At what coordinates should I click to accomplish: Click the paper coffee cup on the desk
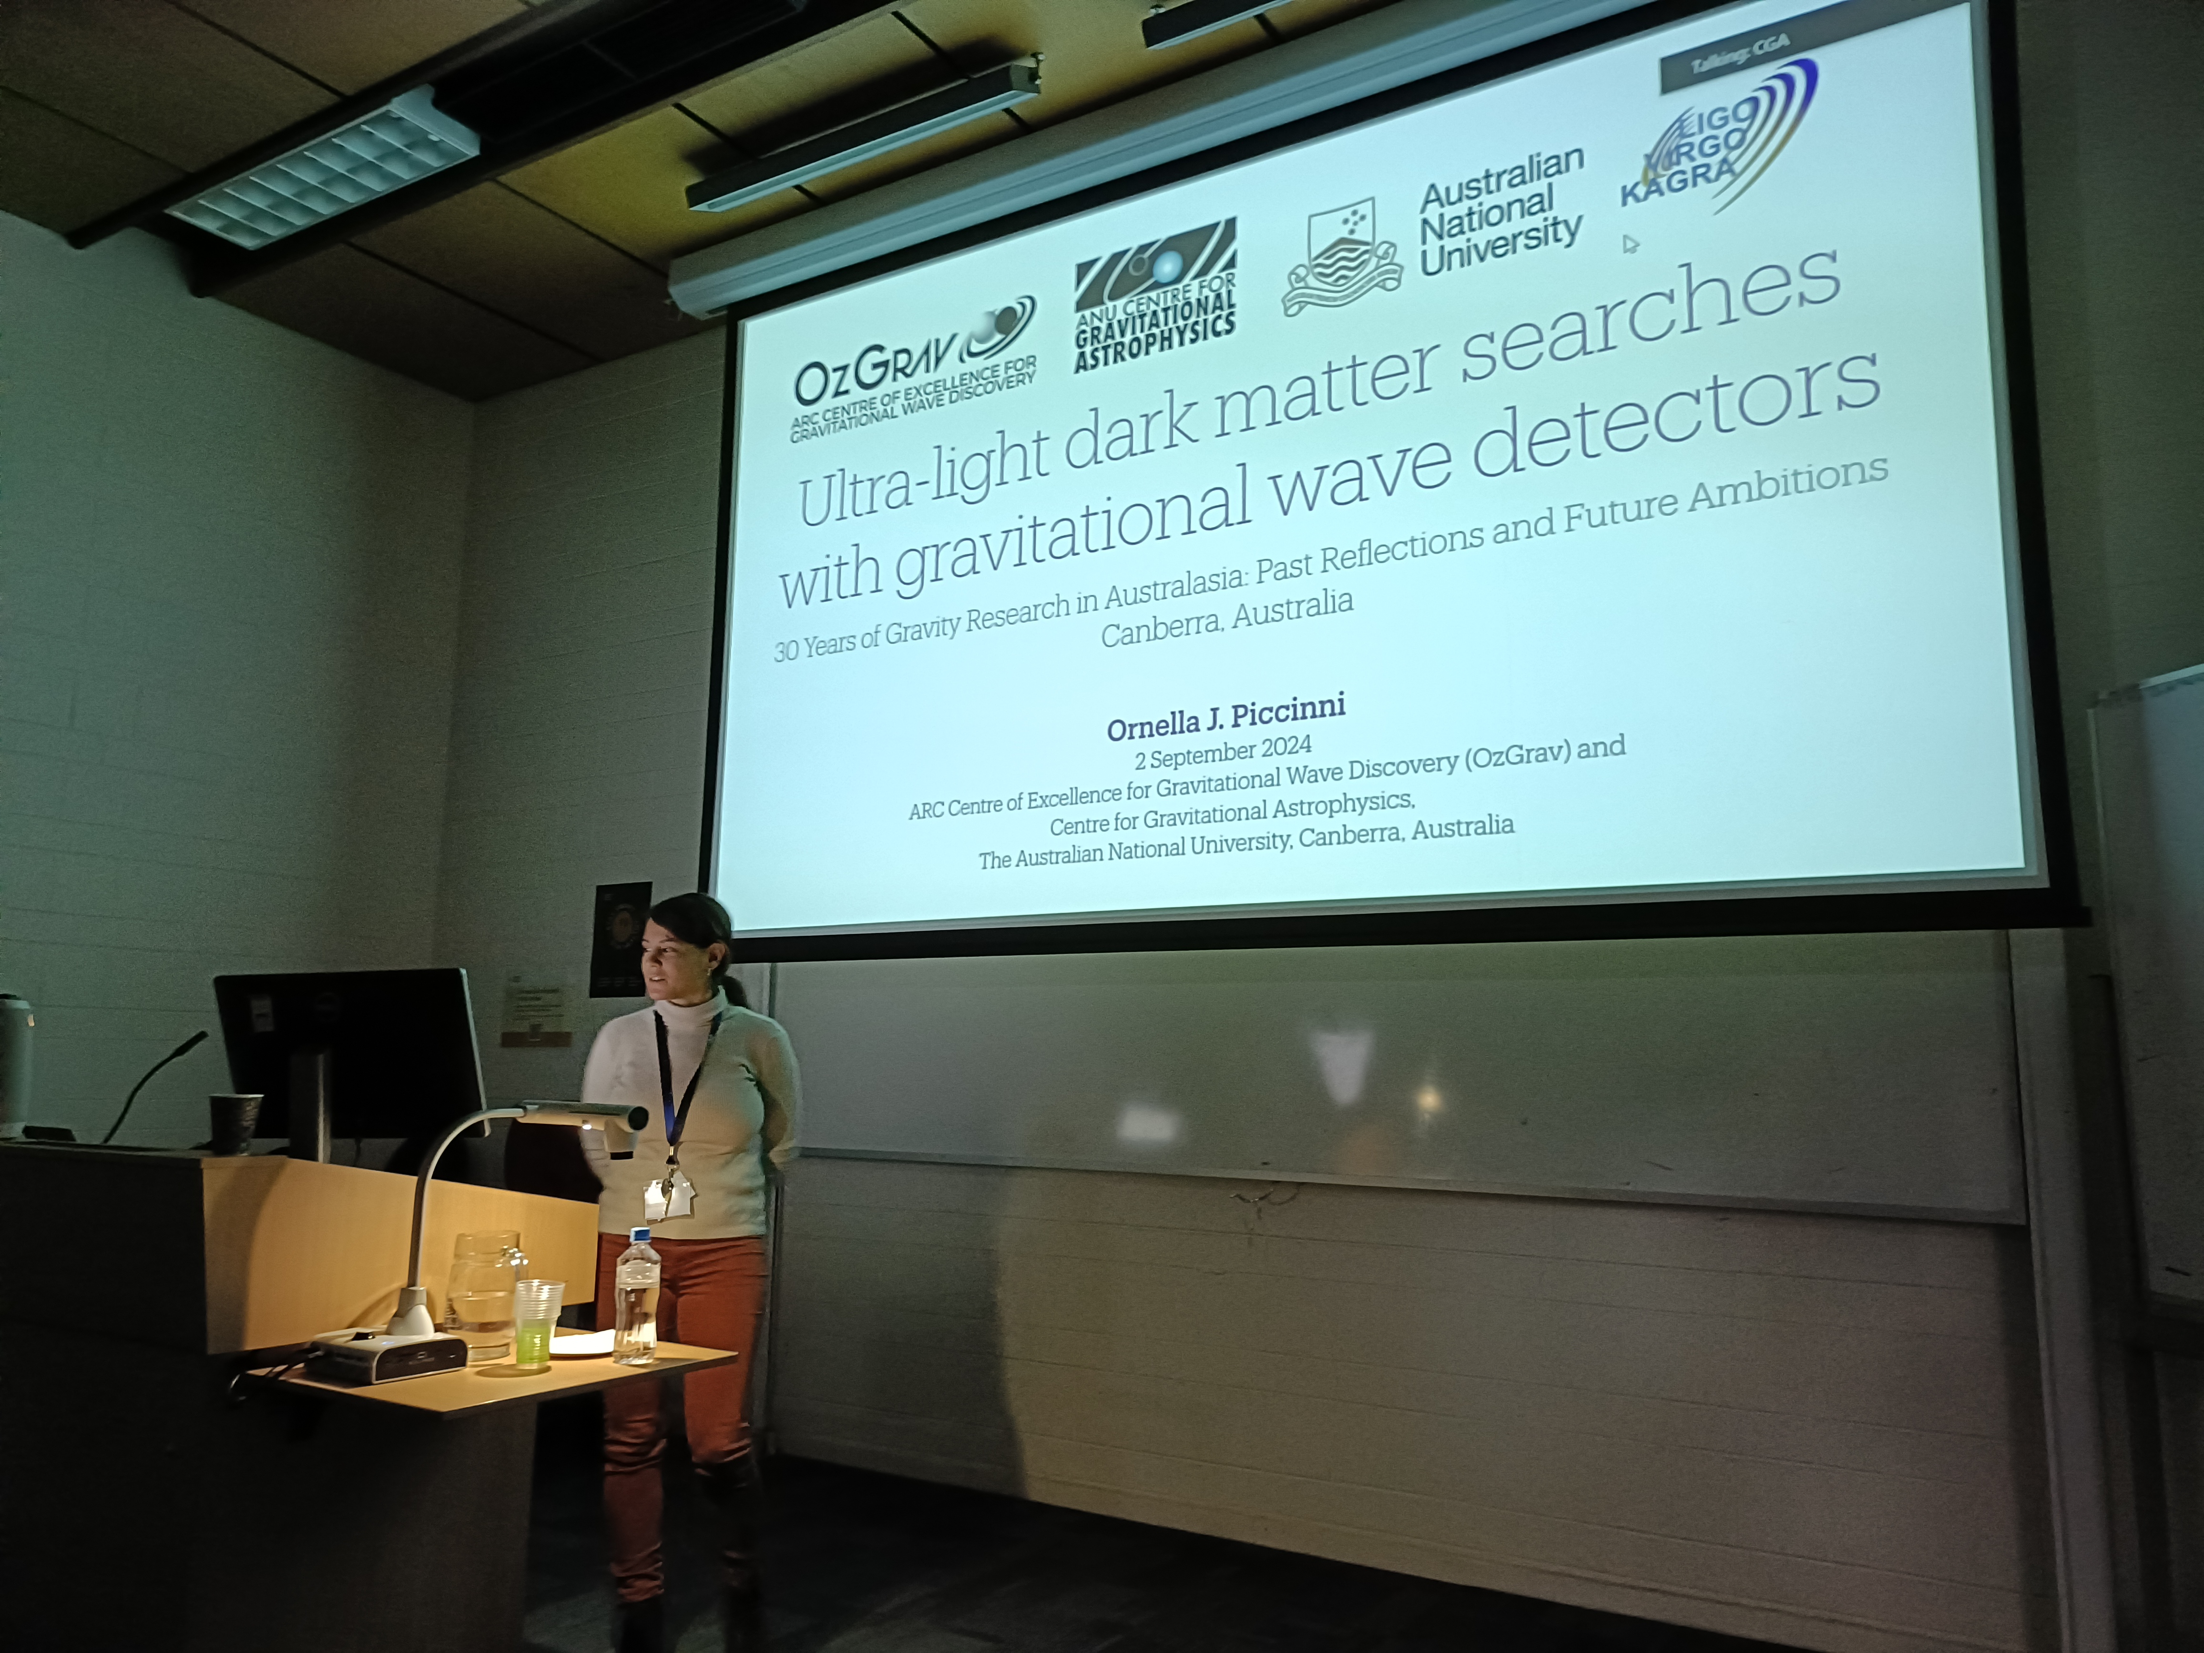(236, 1123)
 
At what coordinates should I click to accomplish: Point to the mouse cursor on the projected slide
(1630, 244)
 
